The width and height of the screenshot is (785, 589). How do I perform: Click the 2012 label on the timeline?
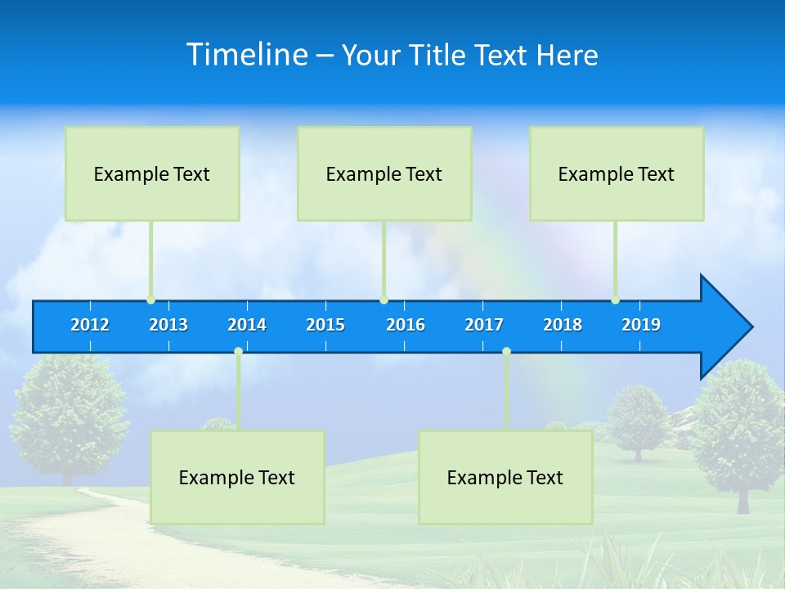90,325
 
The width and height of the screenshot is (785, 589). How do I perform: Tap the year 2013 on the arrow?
168,325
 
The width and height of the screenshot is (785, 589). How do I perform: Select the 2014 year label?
247,325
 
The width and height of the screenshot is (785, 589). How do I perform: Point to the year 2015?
325,325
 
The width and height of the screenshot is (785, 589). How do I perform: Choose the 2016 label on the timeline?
406,325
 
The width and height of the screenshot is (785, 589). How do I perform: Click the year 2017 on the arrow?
484,325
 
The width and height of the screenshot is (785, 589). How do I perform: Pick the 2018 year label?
563,325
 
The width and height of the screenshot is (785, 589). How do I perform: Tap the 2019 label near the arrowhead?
641,325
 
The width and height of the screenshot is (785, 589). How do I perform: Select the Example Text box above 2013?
152,173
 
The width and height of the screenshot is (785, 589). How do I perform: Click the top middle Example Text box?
384,173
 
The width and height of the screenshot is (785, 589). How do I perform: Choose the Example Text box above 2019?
617,173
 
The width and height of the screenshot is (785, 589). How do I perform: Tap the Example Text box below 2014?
237,477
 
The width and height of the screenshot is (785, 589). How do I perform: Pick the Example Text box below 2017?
505,477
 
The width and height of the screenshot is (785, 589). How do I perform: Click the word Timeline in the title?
247,55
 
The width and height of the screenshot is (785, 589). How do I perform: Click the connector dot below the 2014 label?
238,352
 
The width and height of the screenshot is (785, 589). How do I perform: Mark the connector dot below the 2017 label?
506,352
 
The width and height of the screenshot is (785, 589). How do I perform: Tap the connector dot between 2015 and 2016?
384,299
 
